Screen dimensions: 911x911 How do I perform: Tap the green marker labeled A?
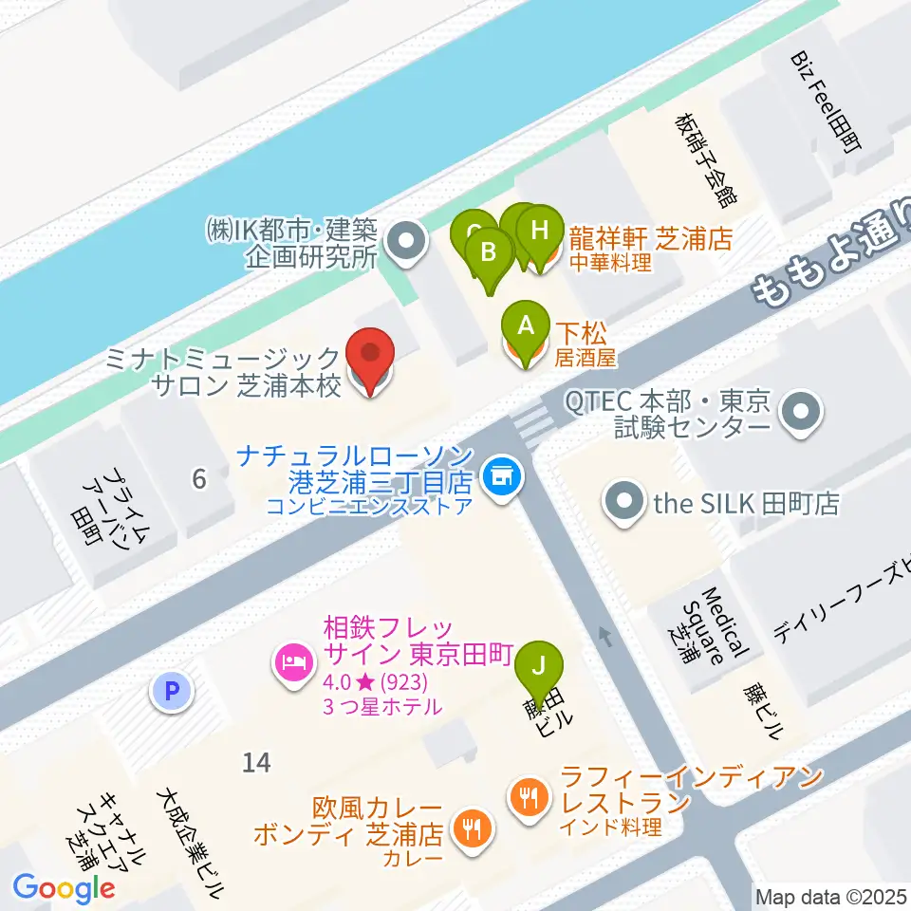pos(525,328)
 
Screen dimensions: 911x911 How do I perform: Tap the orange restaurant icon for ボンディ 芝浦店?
pos(471,828)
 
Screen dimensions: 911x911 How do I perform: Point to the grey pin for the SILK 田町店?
pos(624,503)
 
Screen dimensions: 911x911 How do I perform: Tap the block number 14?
pos(255,761)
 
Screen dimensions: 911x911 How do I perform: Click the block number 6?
pos(198,479)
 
